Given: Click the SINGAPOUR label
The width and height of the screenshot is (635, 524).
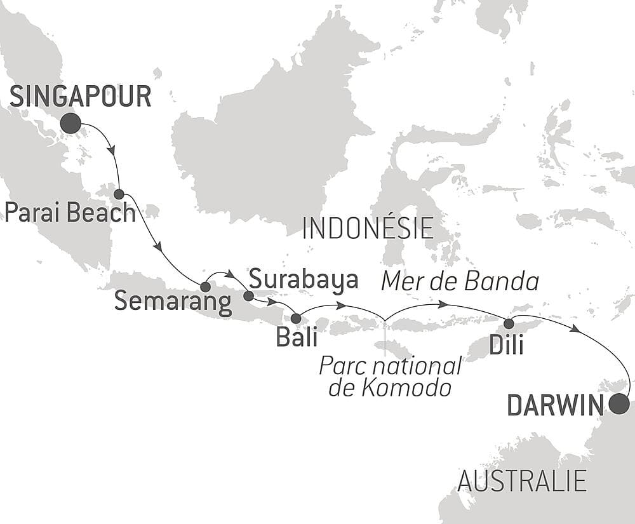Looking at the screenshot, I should pos(81,97).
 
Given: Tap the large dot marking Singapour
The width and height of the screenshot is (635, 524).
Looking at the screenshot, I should pos(70,123).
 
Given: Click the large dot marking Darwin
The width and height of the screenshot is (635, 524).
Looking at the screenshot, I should pos(619,404).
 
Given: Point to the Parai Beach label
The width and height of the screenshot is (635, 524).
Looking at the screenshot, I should pos(69,213).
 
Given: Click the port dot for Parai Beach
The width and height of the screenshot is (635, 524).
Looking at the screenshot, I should pos(119,194).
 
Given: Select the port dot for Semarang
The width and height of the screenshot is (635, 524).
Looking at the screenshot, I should pos(205,286).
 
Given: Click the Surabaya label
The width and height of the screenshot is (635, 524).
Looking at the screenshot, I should pos(304,279).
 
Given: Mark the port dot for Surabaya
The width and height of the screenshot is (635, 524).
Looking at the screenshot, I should pos(248,295).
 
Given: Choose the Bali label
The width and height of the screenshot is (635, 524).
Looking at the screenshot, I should pos(297,337).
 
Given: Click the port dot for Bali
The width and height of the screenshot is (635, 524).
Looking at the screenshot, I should pos(295,318).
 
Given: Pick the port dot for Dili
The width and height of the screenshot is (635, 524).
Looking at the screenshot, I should pos(509,324).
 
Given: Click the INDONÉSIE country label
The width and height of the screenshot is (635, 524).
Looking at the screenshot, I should pos(368,228).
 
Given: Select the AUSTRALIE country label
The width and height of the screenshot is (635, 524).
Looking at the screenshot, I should pos(521,481).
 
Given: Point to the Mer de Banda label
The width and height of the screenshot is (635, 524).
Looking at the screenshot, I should pos(460,281).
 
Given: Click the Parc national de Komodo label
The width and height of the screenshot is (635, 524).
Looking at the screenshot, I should pos(390,377).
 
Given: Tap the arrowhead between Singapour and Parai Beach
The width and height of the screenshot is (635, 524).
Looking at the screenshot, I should pos(112,151).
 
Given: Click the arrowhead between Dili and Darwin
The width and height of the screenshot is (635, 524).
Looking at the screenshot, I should pos(575,329).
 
